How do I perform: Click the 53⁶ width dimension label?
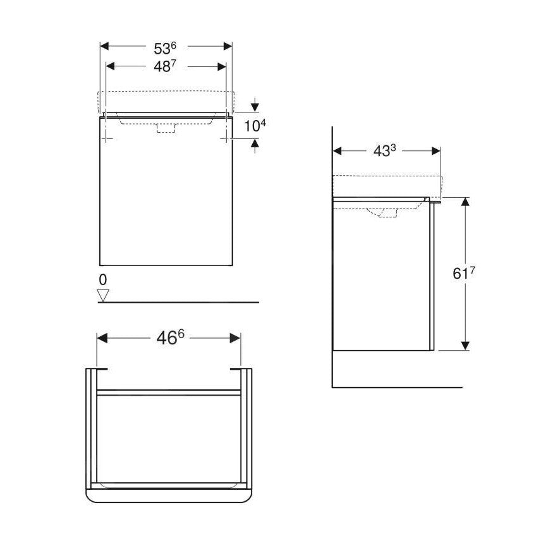(x=165, y=47)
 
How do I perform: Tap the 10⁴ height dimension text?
(x=255, y=126)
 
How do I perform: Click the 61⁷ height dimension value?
(x=464, y=274)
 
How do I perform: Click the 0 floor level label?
(x=103, y=279)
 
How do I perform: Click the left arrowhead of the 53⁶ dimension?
(x=106, y=47)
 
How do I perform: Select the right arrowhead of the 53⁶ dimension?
(x=228, y=47)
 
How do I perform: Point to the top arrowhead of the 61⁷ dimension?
(x=465, y=202)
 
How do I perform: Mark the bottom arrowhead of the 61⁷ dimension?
(x=465, y=345)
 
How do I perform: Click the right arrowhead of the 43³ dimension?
(x=435, y=151)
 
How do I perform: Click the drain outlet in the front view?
(x=165, y=128)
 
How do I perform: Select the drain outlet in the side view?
(x=384, y=213)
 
